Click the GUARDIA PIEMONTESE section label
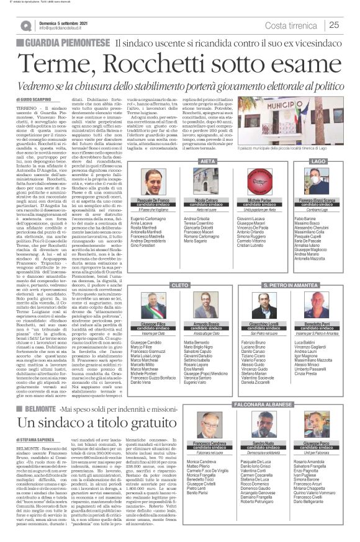[x=62, y=44]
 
